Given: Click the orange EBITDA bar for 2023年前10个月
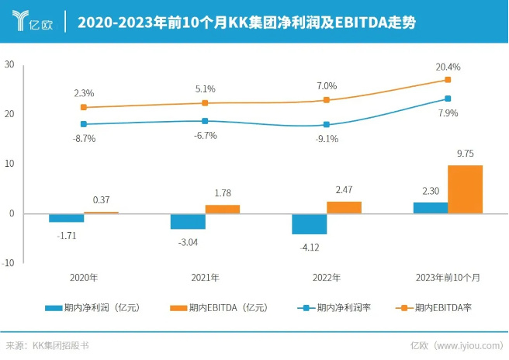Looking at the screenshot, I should click(466, 189).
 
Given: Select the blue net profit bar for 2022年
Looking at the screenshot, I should click(309, 223).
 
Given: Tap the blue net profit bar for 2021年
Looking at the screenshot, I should click(188, 221).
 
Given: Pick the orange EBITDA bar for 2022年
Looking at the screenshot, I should click(344, 207).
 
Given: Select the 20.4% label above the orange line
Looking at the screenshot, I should click(448, 67).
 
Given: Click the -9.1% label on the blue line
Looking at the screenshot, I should click(326, 140).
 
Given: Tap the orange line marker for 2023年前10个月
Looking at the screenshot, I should click(448, 80).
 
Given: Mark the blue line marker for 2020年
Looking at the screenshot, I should click(84, 124).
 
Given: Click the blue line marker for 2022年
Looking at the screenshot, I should click(327, 124).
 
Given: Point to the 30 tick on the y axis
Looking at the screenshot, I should click(9, 64).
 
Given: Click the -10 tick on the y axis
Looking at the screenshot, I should click(8, 263).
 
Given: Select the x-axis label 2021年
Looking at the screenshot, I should click(205, 276).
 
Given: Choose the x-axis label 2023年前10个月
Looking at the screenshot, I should click(448, 276).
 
